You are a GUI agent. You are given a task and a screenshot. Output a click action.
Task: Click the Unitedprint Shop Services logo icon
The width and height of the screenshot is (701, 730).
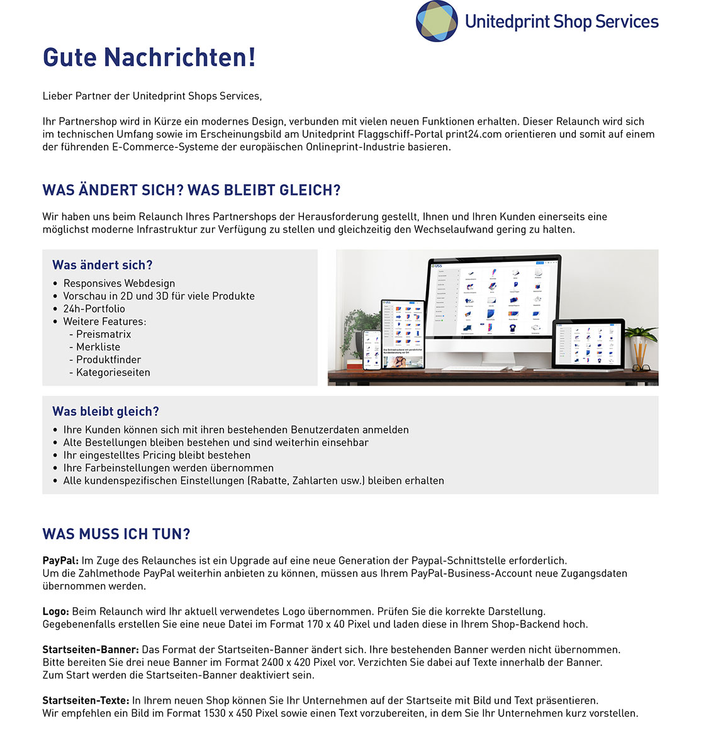[437, 21]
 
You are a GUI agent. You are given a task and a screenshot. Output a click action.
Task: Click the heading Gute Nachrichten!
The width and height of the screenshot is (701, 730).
[149, 57]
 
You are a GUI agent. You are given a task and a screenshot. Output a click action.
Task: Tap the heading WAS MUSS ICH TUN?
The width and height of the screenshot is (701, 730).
[116, 534]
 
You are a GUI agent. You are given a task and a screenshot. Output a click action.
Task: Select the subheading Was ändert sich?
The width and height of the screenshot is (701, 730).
[103, 265]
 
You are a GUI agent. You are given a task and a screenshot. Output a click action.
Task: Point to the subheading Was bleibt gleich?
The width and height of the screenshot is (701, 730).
[106, 412]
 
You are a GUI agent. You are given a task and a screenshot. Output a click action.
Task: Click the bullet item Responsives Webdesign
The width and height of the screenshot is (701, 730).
[119, 283]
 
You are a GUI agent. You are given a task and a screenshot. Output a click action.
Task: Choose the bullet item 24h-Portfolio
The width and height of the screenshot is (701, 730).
[94, 309]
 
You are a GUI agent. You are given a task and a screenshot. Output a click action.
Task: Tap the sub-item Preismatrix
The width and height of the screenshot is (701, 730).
[103, 334]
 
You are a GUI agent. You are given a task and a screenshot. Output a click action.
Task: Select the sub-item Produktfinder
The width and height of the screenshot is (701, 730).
[108, 360]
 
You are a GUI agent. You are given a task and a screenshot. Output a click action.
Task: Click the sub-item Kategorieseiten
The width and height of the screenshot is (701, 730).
[113, 373]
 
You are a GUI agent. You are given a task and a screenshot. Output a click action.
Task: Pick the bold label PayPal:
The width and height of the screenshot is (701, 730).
[60, 561]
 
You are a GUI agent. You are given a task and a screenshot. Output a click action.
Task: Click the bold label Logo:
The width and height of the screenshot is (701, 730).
[56, 612]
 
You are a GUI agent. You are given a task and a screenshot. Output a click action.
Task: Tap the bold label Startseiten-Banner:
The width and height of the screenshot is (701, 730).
[91, 649]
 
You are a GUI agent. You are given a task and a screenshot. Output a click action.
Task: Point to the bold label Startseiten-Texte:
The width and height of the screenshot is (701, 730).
[86, 700]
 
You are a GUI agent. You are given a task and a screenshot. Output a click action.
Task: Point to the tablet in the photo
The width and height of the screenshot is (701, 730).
[403, 334]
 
